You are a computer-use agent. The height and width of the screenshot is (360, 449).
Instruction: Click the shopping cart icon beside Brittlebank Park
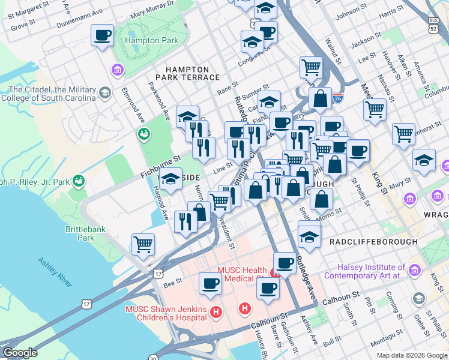(x=143, y=244)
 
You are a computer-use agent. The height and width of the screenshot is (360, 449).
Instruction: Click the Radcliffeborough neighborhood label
(x=373, y=241)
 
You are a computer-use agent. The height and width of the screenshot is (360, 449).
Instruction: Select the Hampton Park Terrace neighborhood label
(x=187, y=73)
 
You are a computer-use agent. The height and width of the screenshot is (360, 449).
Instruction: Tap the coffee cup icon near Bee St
(x=210, y=283)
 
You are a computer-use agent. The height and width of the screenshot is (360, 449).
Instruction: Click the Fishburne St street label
(x=160, y=159)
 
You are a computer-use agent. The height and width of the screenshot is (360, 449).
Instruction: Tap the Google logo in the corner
(x=20, y=353)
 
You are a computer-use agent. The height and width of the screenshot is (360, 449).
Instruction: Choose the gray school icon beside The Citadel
(x=105, y=92)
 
